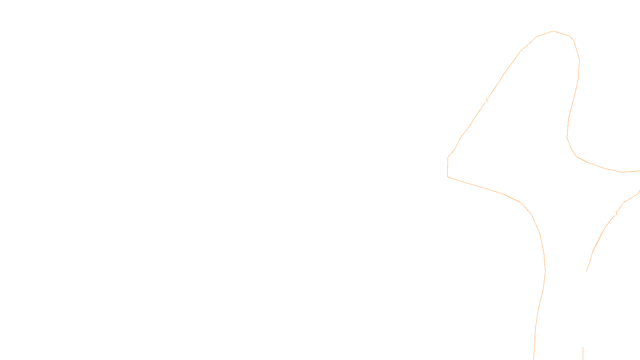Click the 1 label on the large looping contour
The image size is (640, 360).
[x=487, y=100]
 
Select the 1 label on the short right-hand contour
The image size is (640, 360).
[x=616, y=213]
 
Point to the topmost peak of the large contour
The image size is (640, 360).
[x=553, y=31]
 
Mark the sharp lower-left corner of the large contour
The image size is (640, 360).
[x=447, y=176]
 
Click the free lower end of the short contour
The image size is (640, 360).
[x=586, y=271]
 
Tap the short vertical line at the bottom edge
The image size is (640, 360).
[x=583, y=354]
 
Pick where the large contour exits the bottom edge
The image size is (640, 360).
[x=534, y=359]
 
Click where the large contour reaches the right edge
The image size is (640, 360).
[x=639, y=171]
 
